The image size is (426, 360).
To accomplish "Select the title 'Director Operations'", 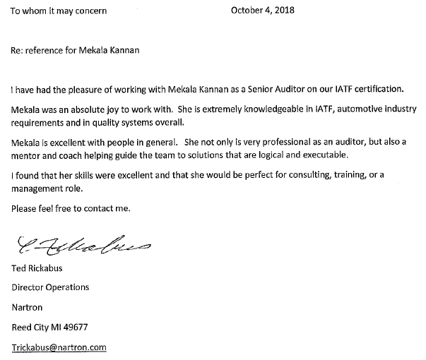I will pyautogui.click(x=51, y=288).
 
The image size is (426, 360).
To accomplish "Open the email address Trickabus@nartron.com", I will pyautogui.click(x=59, y=348).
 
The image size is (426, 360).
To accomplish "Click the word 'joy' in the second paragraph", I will pyautogui.click(x=125, y=111).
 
